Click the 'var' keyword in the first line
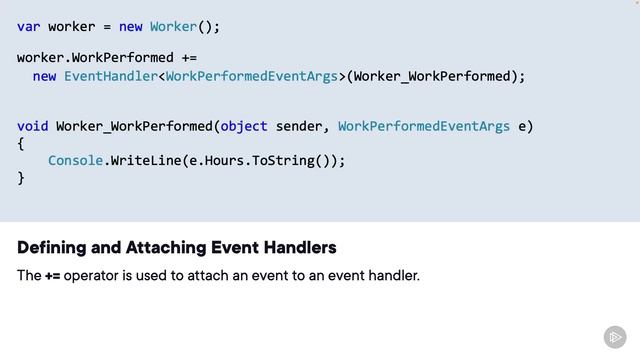pos(28,26)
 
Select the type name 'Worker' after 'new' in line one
pos(173,26)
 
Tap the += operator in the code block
pos(189,57)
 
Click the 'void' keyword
pos(32,126)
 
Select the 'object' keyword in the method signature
pos(243,126)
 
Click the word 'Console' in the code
pos(75,160)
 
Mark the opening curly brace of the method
pos(20,143)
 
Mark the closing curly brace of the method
pos(20,177)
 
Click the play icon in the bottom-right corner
pos(615,337)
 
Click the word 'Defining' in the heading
pos(49,247)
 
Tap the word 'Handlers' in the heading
pos(300,247)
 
